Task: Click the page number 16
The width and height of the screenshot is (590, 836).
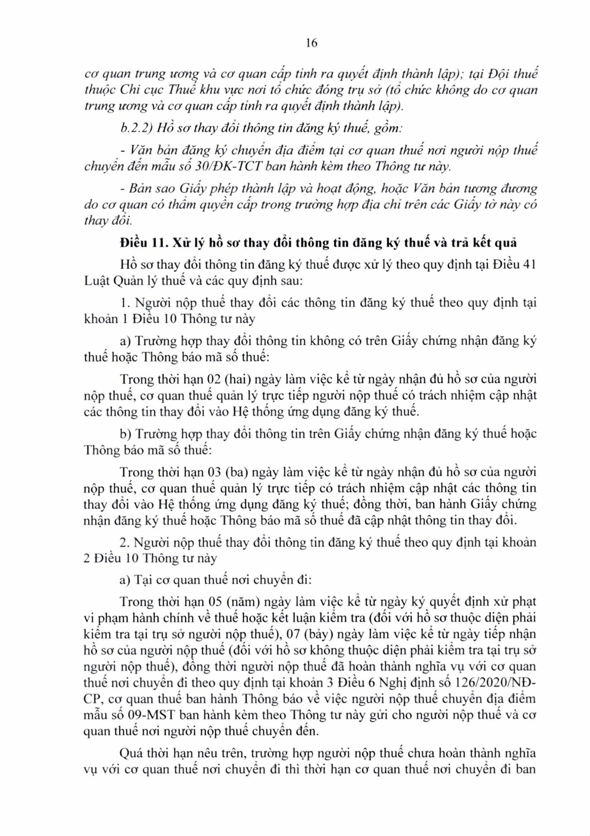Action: pyautogui.click(x=312, y=43)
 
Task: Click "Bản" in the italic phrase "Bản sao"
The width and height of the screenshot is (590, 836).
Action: pyautogui.click(x=140, y=189)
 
